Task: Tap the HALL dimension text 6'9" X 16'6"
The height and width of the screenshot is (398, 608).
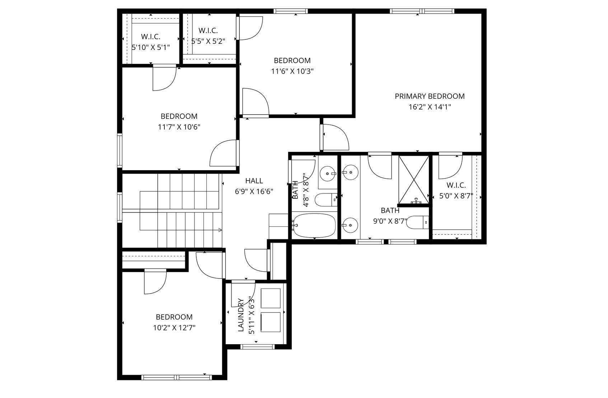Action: coord(254,192)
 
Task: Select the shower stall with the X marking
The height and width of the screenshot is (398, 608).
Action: coord(414,179)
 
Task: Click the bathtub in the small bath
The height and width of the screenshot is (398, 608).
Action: coord(314,226)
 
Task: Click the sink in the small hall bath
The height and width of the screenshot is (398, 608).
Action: coord(328,174)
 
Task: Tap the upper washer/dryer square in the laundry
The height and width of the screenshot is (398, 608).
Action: coord(270,298)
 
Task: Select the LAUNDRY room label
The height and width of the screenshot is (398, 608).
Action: coord(241,315)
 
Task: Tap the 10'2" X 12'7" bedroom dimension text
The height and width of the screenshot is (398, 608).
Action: coord(174,328)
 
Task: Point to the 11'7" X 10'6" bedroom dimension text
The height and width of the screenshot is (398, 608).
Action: coord(179,127)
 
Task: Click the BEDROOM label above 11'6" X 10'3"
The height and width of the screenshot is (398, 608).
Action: coord(292,61)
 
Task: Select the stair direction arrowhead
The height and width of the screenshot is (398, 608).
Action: coord(219,230)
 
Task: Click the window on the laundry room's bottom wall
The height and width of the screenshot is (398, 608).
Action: coord(257,347)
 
